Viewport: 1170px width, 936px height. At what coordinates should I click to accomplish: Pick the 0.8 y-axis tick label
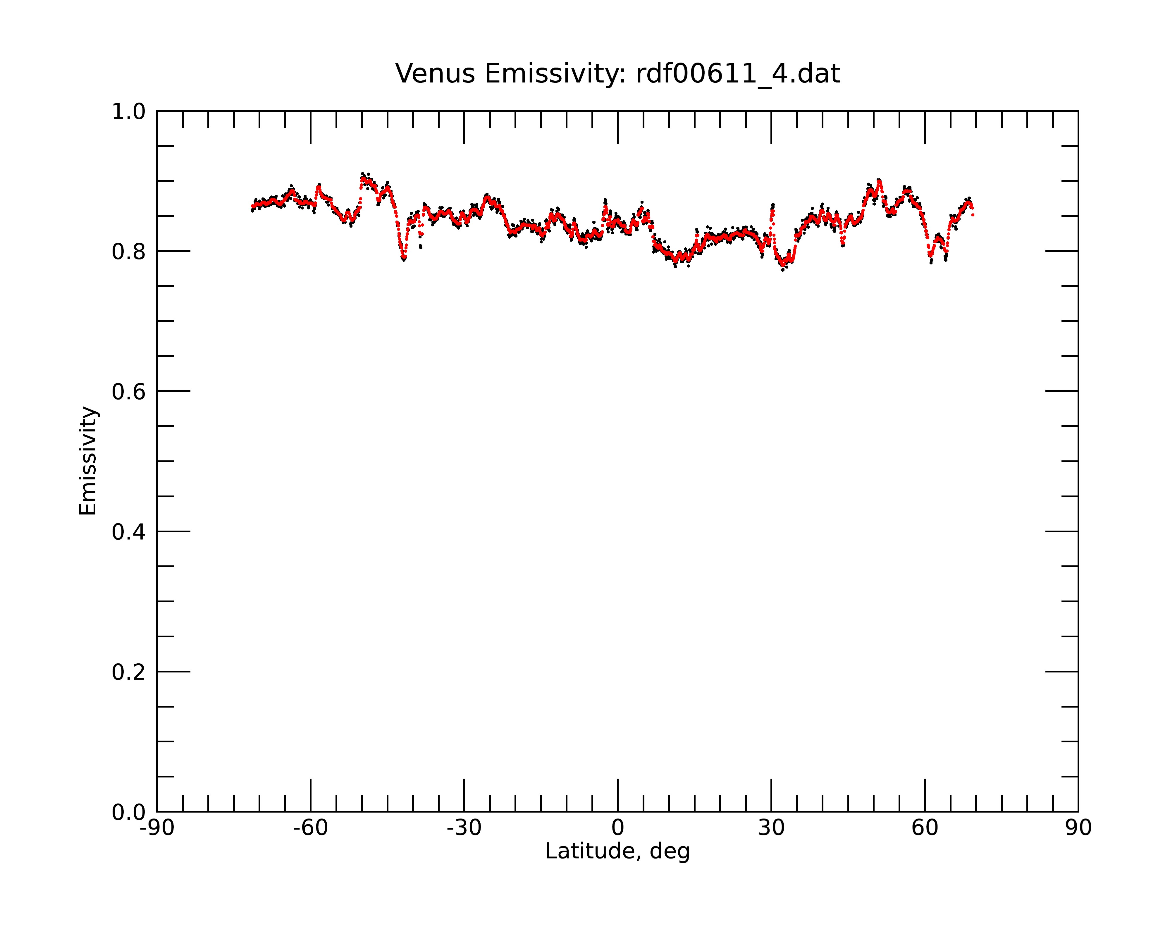(x=129, y=252)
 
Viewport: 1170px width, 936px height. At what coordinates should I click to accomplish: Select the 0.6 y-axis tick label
(x=129, y=392)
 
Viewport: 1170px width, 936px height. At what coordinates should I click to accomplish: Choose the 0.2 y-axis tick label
(x=129, y=672)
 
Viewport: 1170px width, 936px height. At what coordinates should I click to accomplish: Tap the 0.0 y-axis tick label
(x=129, y=812)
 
